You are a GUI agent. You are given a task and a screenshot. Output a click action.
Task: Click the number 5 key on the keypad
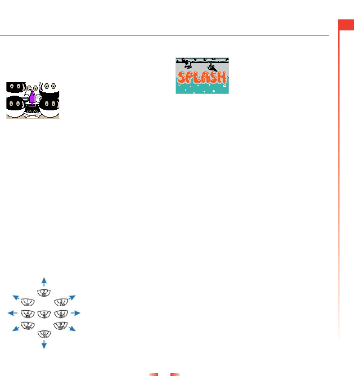pyautogui.click(x=44, y=314)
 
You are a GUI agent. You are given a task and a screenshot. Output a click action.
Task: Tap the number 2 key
pyautogui.click(x=44, y=293)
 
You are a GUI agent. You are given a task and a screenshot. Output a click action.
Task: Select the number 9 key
pyautogui.click(x=61, y=325)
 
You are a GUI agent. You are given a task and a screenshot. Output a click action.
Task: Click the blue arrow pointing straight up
pyautogui.click(x=44, y=280)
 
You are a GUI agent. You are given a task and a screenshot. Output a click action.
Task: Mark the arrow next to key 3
pyautogui.click(x=72, y=297)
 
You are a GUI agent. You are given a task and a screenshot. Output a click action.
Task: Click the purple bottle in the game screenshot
pyautogui.click(x=32, y=100)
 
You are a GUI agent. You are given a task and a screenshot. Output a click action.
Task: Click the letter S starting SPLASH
pyautogui.click(x=182, y=78)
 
